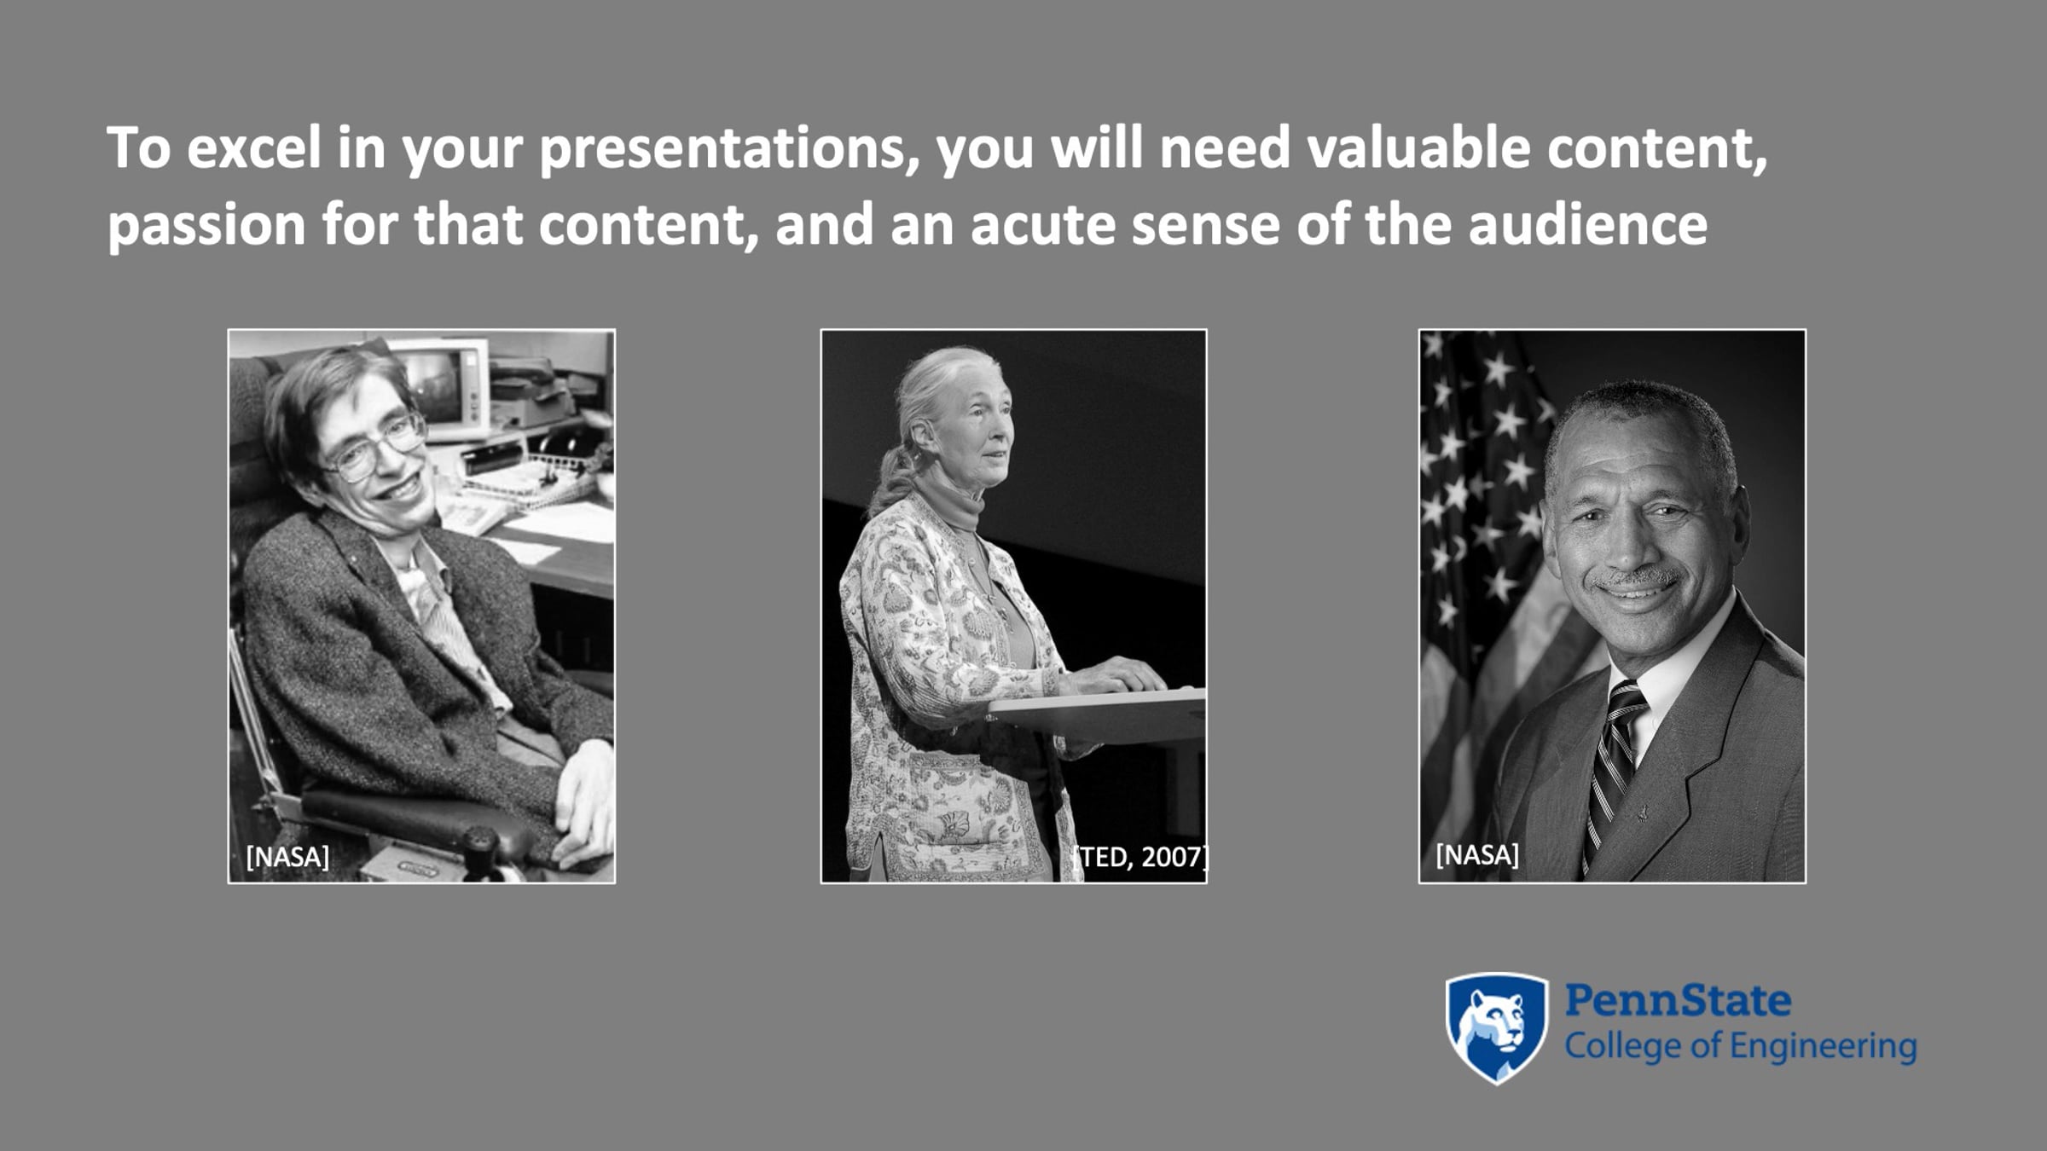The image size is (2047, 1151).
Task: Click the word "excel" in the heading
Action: coord(253,147)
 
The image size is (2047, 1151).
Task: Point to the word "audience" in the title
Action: coord(1587,224)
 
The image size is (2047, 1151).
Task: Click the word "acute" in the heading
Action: coord(1043,226)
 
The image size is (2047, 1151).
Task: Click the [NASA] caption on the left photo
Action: coord(287,857)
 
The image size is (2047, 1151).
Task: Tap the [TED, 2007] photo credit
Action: coord(1141,857)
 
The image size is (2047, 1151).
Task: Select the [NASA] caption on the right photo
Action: coord(1477,855)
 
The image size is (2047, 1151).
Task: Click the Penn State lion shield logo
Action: coord(1496,1027)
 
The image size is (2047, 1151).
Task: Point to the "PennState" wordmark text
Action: coord(1678,1001)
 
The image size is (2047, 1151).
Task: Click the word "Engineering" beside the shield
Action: coord(1818,1047)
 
